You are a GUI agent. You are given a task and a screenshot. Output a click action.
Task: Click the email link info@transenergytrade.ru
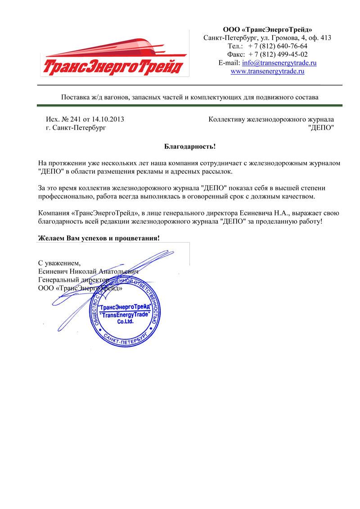pos(279,63)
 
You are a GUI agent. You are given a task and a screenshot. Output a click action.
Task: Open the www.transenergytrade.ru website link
pos(268,71)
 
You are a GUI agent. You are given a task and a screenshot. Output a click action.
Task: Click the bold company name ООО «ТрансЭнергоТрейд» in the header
pos(268,30)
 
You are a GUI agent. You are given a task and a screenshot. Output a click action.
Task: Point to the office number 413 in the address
pos(325,38)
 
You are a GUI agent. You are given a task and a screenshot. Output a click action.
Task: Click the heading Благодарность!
pos(189,146)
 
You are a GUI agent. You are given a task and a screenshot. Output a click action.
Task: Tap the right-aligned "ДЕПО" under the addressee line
pos(321,128)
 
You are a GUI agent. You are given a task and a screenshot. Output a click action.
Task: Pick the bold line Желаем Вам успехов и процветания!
pos(99,238)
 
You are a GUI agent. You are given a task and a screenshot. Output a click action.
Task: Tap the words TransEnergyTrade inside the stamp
pos(125,315)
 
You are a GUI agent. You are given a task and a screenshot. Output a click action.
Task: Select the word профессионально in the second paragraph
pos(65,197)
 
